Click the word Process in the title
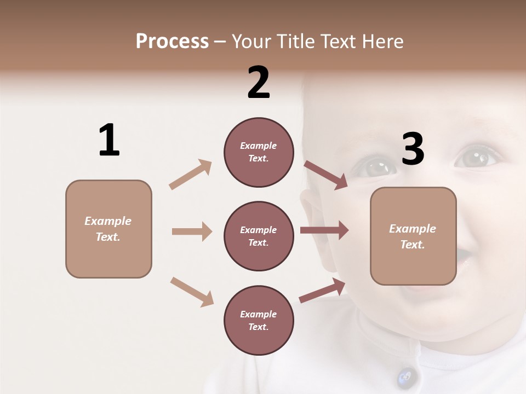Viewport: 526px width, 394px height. click(x=172, y=42)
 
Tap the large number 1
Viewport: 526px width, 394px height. click(x=109, y=140)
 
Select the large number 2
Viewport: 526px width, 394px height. click(x=259, y=83)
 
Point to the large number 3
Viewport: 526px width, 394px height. click(x=413, y=149)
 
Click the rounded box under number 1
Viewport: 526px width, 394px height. click(x=108, y=229)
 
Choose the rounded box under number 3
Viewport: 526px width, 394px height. click(x=413, y=236)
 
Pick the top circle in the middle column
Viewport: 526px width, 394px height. click(x=259, y=152)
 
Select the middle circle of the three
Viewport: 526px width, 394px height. click(x=259, y=236)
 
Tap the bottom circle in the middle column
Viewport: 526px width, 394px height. click(x=259, y=321)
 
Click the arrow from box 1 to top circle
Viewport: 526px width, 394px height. click(x=191, y=175)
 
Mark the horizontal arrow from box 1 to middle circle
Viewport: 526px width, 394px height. click(x=192, y=231)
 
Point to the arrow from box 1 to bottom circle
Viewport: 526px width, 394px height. click(x=192, y=291)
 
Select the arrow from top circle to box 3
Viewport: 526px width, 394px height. click(x=325, y=175)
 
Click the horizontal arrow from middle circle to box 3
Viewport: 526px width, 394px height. click(x=324, y=230)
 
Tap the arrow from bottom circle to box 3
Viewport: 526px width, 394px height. click(x=322, y=291)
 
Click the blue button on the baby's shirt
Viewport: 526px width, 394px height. click(x=405, y=376)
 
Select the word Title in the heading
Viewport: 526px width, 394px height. click(x=296, y=42)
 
